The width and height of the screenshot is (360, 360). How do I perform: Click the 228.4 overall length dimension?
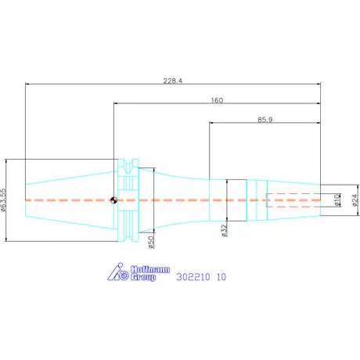(x=173, y=81)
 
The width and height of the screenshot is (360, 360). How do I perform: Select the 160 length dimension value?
(x=217, y=100)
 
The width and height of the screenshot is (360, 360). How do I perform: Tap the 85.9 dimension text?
(x=265, y=120)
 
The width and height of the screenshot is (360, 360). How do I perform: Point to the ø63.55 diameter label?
(x=3, y=200)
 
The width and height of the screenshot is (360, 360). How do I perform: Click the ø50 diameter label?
(x=151, y=242)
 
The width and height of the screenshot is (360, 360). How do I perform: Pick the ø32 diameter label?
(x=225, y=231)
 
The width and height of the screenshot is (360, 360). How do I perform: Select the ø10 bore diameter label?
(x=337, y=200)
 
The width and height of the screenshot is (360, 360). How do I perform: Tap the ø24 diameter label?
(x=355, y=200)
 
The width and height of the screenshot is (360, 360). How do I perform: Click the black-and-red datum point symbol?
(x=113, y=200)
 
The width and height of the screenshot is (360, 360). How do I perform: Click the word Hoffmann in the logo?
(x=150, y=269)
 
